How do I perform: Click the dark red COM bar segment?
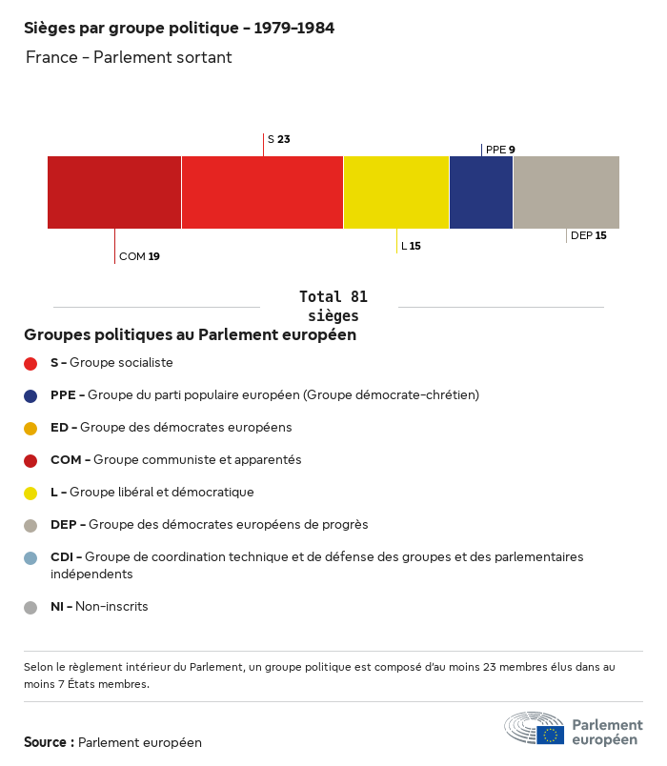click(114, 192)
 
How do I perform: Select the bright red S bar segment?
click(262, 192)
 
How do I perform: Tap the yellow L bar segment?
click(396, 192)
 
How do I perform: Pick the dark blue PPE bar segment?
click(481, 192)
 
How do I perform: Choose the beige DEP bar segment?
click(566, 192)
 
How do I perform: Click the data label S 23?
click(278, 139)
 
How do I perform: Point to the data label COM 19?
click(139, 256)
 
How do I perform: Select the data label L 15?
click(411, 246)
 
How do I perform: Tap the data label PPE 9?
click(500, 150)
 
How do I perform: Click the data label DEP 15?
click(588, 235)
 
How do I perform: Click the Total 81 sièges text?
click(333, 306)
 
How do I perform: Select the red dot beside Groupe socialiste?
click(30, 363)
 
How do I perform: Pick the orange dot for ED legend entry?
click(30, 428)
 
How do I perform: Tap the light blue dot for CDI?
click(30, 557)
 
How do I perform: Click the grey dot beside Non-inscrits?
click(30, 607)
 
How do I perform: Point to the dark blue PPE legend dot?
click(30, 395)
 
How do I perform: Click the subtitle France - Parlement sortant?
click(129, 57)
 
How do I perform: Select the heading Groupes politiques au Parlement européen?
click(191, 334)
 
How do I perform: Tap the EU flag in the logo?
click(550, 735)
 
